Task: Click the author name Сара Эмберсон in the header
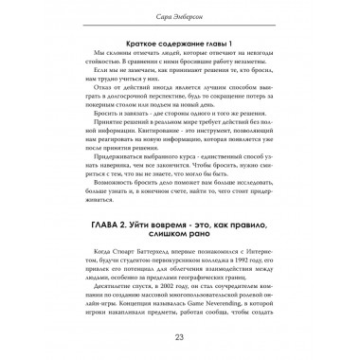180,15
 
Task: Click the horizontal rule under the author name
180,26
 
